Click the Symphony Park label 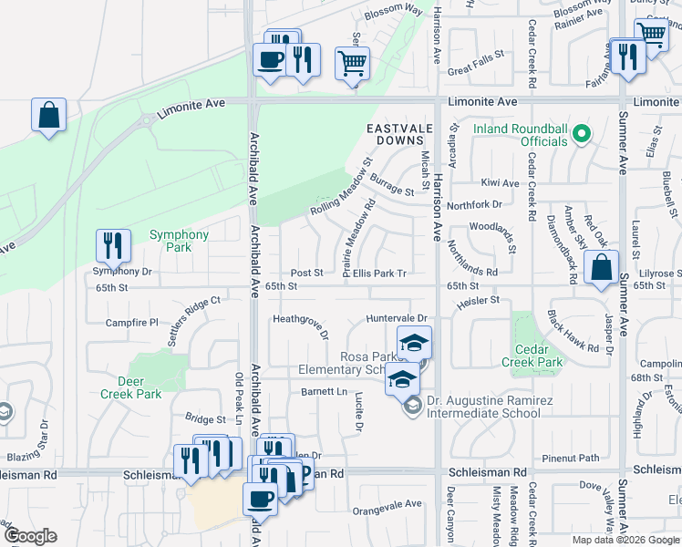[x=179, y=241]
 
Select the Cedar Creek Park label [x=532, y=356]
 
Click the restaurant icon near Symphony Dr [x=113, y=245]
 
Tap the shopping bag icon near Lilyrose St [x=601, y=268]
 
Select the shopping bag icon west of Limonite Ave [x=48, y=115]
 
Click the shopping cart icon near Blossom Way [x=353, y=63]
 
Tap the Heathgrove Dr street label [x=301, y=325]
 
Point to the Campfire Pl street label [x=132, y=323]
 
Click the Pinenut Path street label [x=570, y=458]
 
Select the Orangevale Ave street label [x=387, y=503]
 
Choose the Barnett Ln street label [x=325, y=391]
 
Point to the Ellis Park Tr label [x=379, y=273]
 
